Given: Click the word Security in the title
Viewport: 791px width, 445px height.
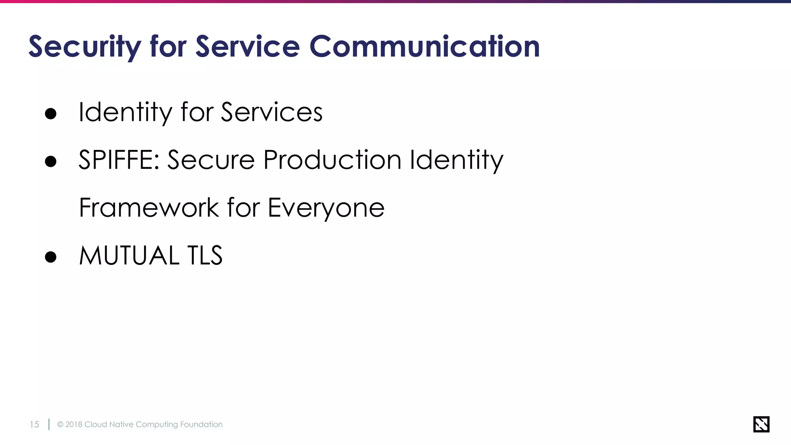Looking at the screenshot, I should point(85,47).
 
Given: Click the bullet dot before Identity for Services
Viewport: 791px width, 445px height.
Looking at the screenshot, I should point(51,114).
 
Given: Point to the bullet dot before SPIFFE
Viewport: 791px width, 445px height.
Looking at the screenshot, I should point(51,161).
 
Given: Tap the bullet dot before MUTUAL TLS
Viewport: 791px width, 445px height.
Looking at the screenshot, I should point(51,256).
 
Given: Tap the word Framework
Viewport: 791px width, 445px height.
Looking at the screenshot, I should point(149,207).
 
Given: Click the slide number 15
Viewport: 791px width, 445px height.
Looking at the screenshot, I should point(34,425).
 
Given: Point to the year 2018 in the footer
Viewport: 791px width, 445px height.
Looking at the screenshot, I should point(74,425).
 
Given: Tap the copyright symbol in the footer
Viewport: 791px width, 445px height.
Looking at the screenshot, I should point(60,425).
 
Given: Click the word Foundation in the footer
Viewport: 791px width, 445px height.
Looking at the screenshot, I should point(201,425).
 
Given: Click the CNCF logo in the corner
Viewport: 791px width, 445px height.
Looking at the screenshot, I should point(761,424).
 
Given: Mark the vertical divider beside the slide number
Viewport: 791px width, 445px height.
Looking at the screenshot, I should point(49,424).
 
